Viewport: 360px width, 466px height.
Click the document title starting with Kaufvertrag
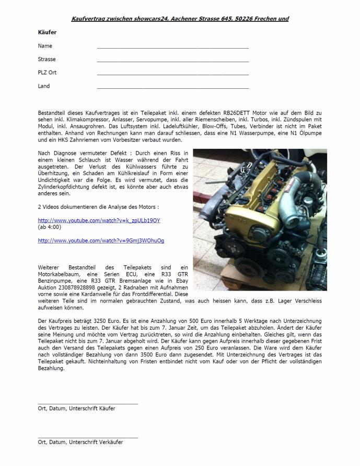[x=180, y=19]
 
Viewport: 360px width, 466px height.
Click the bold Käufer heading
[x=47, y=32]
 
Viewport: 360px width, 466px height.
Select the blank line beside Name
[x=172, y=47]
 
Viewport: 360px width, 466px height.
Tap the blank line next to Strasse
[x=172, y=61]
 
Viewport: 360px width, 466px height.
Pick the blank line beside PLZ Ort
[x=172, y=74]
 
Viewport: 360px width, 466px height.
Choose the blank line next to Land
[x=172, y=88]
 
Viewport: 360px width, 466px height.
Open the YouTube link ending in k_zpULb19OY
[x=99, y=220]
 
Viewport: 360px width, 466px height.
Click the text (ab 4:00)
[x=50, y=227]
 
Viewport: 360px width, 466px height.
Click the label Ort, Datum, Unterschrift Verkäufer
[x=80, y=442]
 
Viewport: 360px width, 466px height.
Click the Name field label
[x=45, y=46]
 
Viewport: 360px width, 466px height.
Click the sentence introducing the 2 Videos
[x=98, y=207]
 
